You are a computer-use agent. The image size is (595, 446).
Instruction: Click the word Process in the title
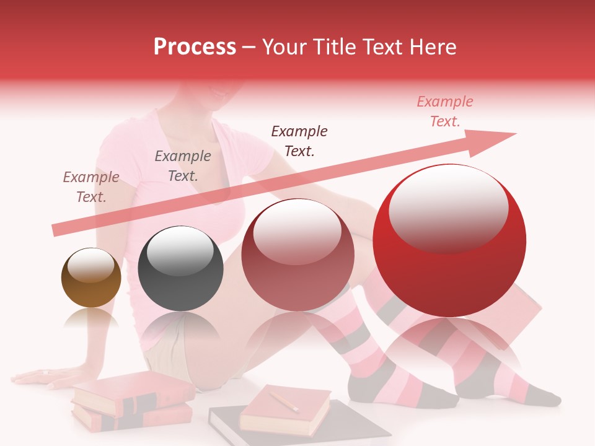195,47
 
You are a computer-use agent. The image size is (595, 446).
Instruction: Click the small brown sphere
91,278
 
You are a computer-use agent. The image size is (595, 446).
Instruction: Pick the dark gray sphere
180,268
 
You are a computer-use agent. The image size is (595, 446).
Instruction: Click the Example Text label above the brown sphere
91,187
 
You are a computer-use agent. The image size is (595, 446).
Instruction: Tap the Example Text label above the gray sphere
183,166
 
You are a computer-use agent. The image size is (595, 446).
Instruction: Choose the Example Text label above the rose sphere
299,141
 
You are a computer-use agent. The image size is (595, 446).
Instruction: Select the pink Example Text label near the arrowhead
445,111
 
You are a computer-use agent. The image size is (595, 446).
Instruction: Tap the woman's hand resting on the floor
37,376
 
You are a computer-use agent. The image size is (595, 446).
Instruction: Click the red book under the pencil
285,412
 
